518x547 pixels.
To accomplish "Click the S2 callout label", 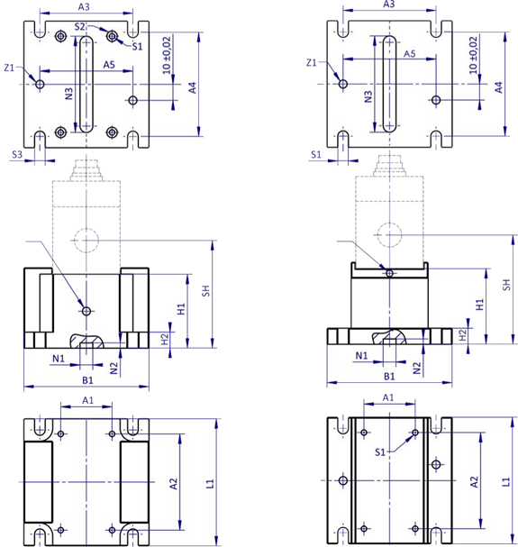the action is tap(80, 26).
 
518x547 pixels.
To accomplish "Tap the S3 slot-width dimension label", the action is tap(17, 154).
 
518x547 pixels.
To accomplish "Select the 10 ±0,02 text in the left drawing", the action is tap(167, 55).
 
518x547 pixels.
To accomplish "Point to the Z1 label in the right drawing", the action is tap(312, 63).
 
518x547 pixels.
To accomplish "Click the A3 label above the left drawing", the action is tap(84, 7).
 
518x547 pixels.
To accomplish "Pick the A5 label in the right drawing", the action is tap(410, 54).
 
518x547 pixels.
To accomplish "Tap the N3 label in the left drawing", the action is tap(69, 94).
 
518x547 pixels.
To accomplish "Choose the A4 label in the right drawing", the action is tap(499, 87).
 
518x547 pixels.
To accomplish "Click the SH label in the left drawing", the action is tap(206, 291).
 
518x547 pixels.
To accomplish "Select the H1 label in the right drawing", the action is tap(480, 305).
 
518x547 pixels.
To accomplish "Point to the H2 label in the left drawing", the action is tap(164, 339).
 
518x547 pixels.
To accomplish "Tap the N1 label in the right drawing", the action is tap(361, 355).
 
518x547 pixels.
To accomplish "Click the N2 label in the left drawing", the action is tap(114, 368).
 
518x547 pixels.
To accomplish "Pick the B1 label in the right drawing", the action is tap(389, 377).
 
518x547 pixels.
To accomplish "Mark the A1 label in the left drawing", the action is tap(88, 400).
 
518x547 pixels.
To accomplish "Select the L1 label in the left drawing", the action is tap(210, 484).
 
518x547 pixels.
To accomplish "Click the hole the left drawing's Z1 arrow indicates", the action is tap(40, 84).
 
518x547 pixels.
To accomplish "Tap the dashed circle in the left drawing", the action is tap(86, 241).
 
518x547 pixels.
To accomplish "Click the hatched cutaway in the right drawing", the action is tap(389, 337).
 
